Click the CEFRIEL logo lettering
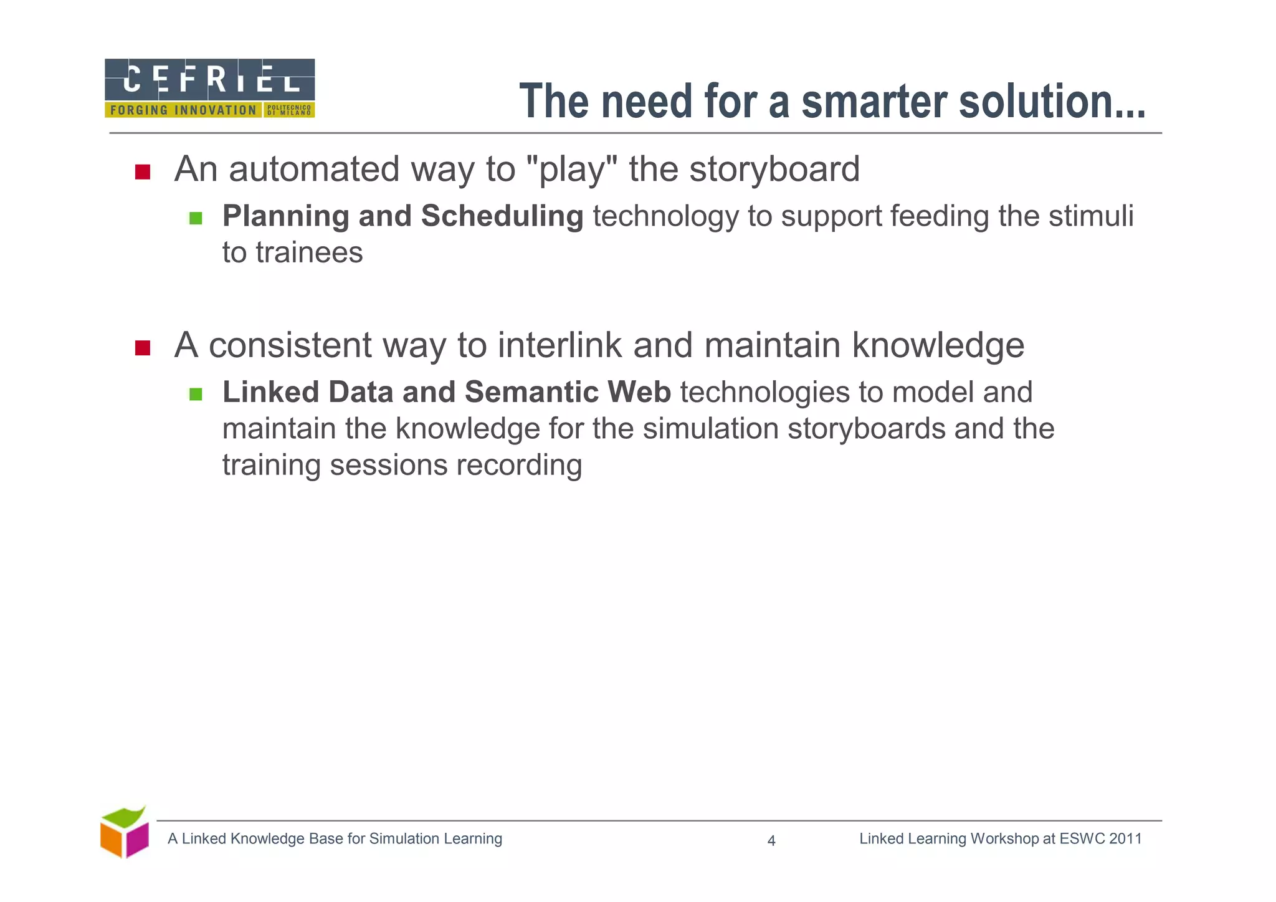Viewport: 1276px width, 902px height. pos(210,80)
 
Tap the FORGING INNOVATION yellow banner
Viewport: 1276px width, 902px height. pos(183,110)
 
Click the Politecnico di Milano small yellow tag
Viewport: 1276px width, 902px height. pos(288,110)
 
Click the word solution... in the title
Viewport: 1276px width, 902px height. pos(1052,102)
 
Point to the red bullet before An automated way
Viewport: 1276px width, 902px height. pos(143,171)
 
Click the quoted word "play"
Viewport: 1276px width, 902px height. pos(571,170)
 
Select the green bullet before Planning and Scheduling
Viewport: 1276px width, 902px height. pos(196,218)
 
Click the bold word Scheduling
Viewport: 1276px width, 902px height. pos(502,216)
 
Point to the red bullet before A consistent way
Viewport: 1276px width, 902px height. pos(143,348)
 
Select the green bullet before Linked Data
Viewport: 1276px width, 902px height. pos(196,394)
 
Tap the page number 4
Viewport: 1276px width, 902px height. pos(771,841)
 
